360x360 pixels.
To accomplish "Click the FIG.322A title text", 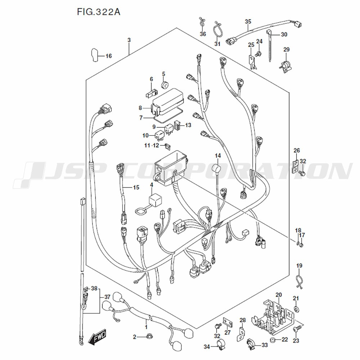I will pyautogui.click(x=98, y=12).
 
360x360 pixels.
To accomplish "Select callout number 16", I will pyautogui.click(x=108, y=56).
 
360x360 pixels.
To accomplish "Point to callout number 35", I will pyautogui.click(x=248, y=22).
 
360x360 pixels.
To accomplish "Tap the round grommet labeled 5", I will pyautogui.click(x=165, y=85).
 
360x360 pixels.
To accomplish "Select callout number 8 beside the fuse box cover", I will pyautogui.click(x=141, y=108).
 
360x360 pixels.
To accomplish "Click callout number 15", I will pyautogui.click(x=136, y=187).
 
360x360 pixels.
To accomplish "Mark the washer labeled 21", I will pyautogui.click(x=296, y=309).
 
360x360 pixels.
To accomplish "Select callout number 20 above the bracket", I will pyautogui.click(x=278, y=295).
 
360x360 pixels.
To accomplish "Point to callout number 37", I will pyautogui.click(x=107, y=297).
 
